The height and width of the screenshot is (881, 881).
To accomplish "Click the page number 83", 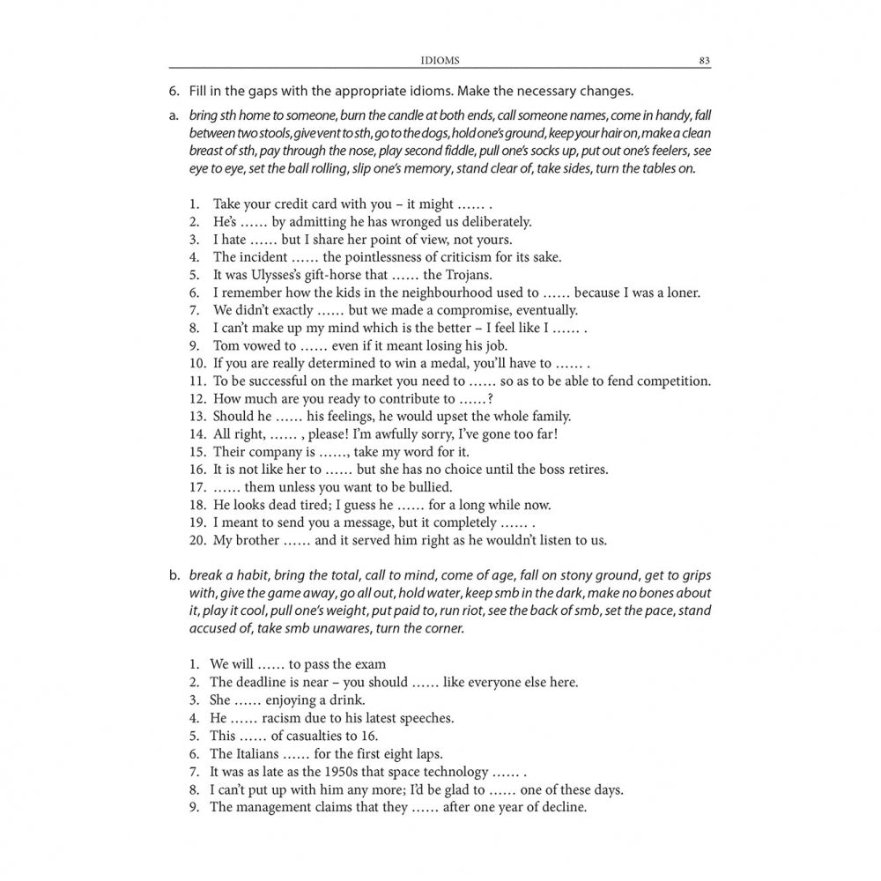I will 704,61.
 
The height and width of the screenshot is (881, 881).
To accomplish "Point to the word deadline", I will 262,682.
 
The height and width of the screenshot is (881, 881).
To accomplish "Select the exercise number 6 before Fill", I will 174,91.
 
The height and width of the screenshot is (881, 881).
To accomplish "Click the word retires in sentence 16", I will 585,470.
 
